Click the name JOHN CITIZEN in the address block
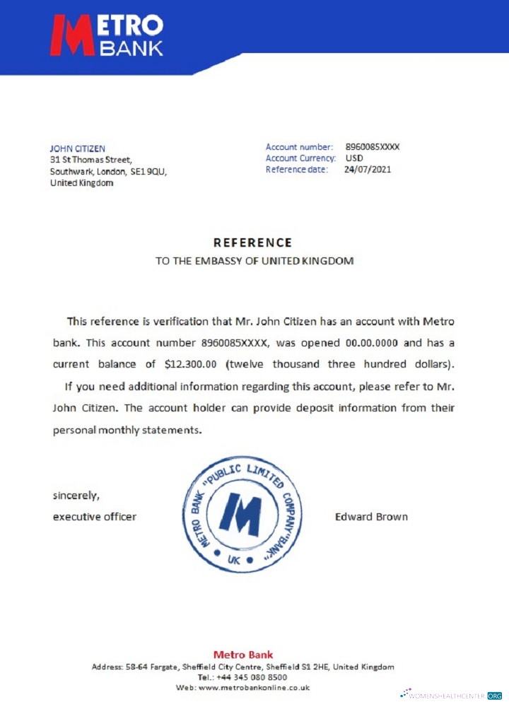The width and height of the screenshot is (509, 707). pos(77,148)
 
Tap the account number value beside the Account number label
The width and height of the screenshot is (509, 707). pos(373,147)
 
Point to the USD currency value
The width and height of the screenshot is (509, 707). pos(353,158)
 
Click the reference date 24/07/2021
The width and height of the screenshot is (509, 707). pos(367,170)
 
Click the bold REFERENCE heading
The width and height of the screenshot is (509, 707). pos(252,243)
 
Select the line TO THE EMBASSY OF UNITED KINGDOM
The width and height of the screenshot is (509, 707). pos(255,261)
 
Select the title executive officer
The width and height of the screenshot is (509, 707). pos(95,517)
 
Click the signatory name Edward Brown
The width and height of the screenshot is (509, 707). pos(371,517)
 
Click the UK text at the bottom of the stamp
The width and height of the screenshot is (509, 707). pos(234,559)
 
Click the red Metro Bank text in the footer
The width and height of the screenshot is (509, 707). pos(242,655)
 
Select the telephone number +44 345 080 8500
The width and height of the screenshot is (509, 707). pos(252,677)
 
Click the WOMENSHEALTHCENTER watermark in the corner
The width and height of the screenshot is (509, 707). pos(452,696)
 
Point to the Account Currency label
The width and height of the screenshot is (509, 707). pos(300,158)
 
